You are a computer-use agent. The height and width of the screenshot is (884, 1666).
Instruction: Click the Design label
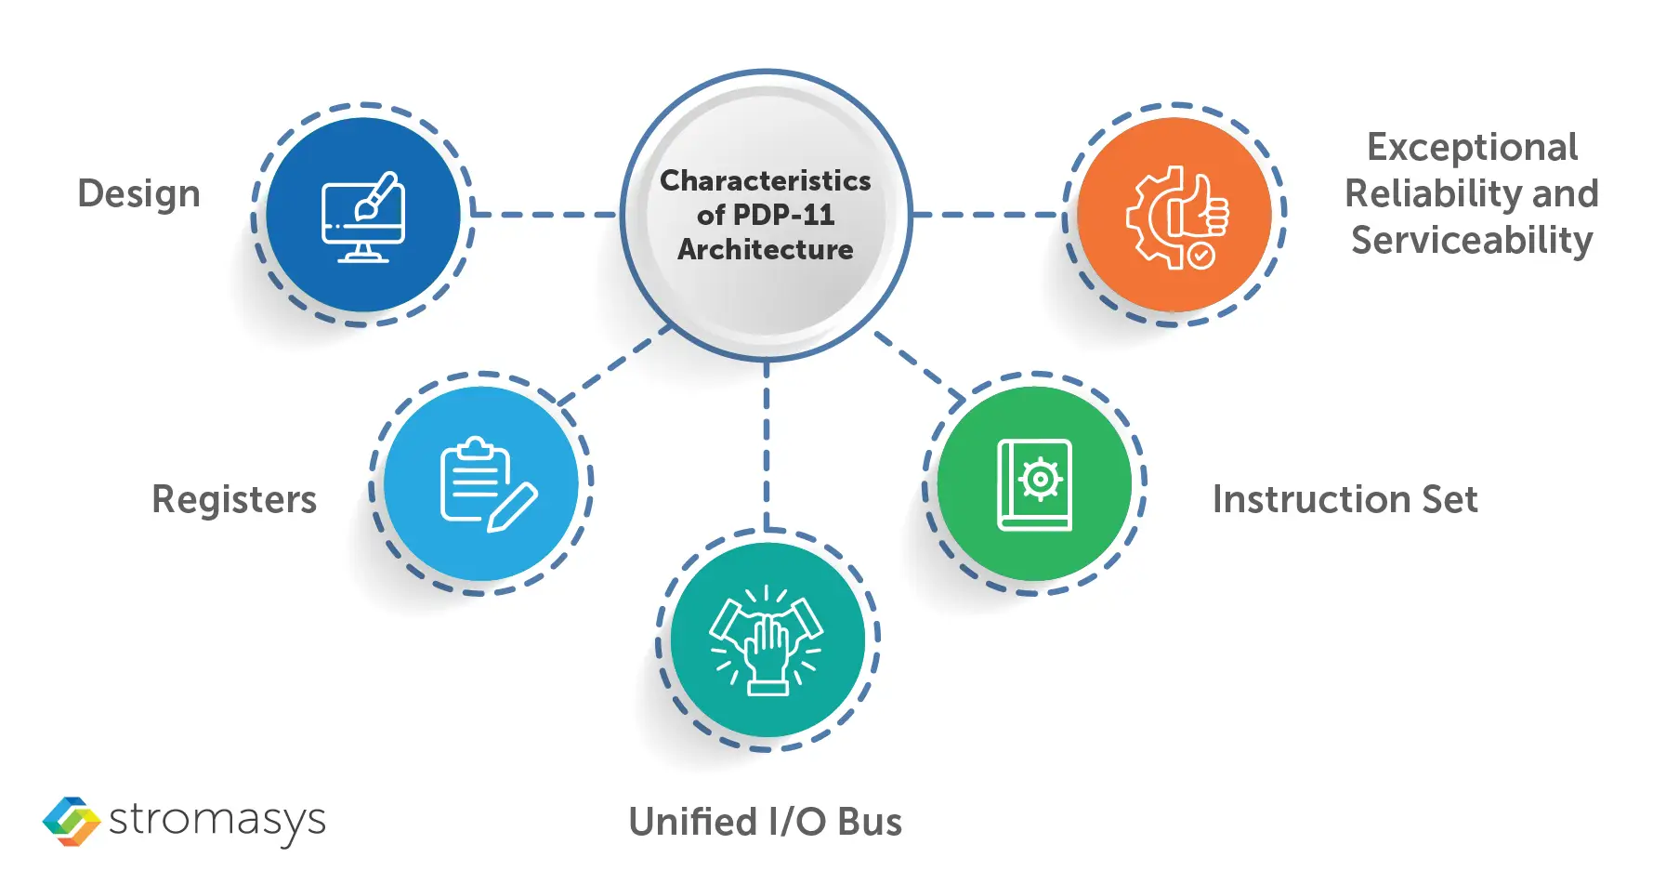coord(138,193)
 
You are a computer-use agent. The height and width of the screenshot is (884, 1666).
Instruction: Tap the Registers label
coord(234,499)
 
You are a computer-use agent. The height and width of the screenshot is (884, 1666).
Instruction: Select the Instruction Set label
coord(1345,499)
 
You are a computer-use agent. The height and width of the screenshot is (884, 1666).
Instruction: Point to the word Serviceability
coord(1472,241)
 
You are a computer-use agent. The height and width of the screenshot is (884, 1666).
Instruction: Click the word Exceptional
coord(1472,147)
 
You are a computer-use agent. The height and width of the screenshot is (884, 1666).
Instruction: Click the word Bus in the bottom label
coord(870,822)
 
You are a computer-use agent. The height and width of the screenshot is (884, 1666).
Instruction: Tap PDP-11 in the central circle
coord(783,215)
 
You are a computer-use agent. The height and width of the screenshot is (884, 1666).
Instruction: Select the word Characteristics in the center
coord(765,180)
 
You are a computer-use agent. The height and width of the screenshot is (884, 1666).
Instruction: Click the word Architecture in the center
coord(765,249)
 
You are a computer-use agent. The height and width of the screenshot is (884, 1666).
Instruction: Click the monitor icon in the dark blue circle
coord(362,217)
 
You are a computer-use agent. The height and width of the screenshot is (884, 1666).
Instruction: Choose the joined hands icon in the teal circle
coord(767,640)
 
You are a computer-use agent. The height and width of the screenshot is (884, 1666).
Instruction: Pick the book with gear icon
coord(1034,484)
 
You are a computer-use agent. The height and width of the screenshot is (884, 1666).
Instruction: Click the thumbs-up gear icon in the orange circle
coord(1176,218)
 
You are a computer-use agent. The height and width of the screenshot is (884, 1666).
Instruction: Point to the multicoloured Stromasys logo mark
coord(72,821)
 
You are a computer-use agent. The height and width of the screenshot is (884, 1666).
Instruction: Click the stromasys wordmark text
coord(217,821)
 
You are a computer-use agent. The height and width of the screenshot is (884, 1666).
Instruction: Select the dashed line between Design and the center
coord(544,215)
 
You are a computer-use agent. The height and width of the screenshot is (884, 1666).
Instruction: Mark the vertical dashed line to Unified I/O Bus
coord(767,446)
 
